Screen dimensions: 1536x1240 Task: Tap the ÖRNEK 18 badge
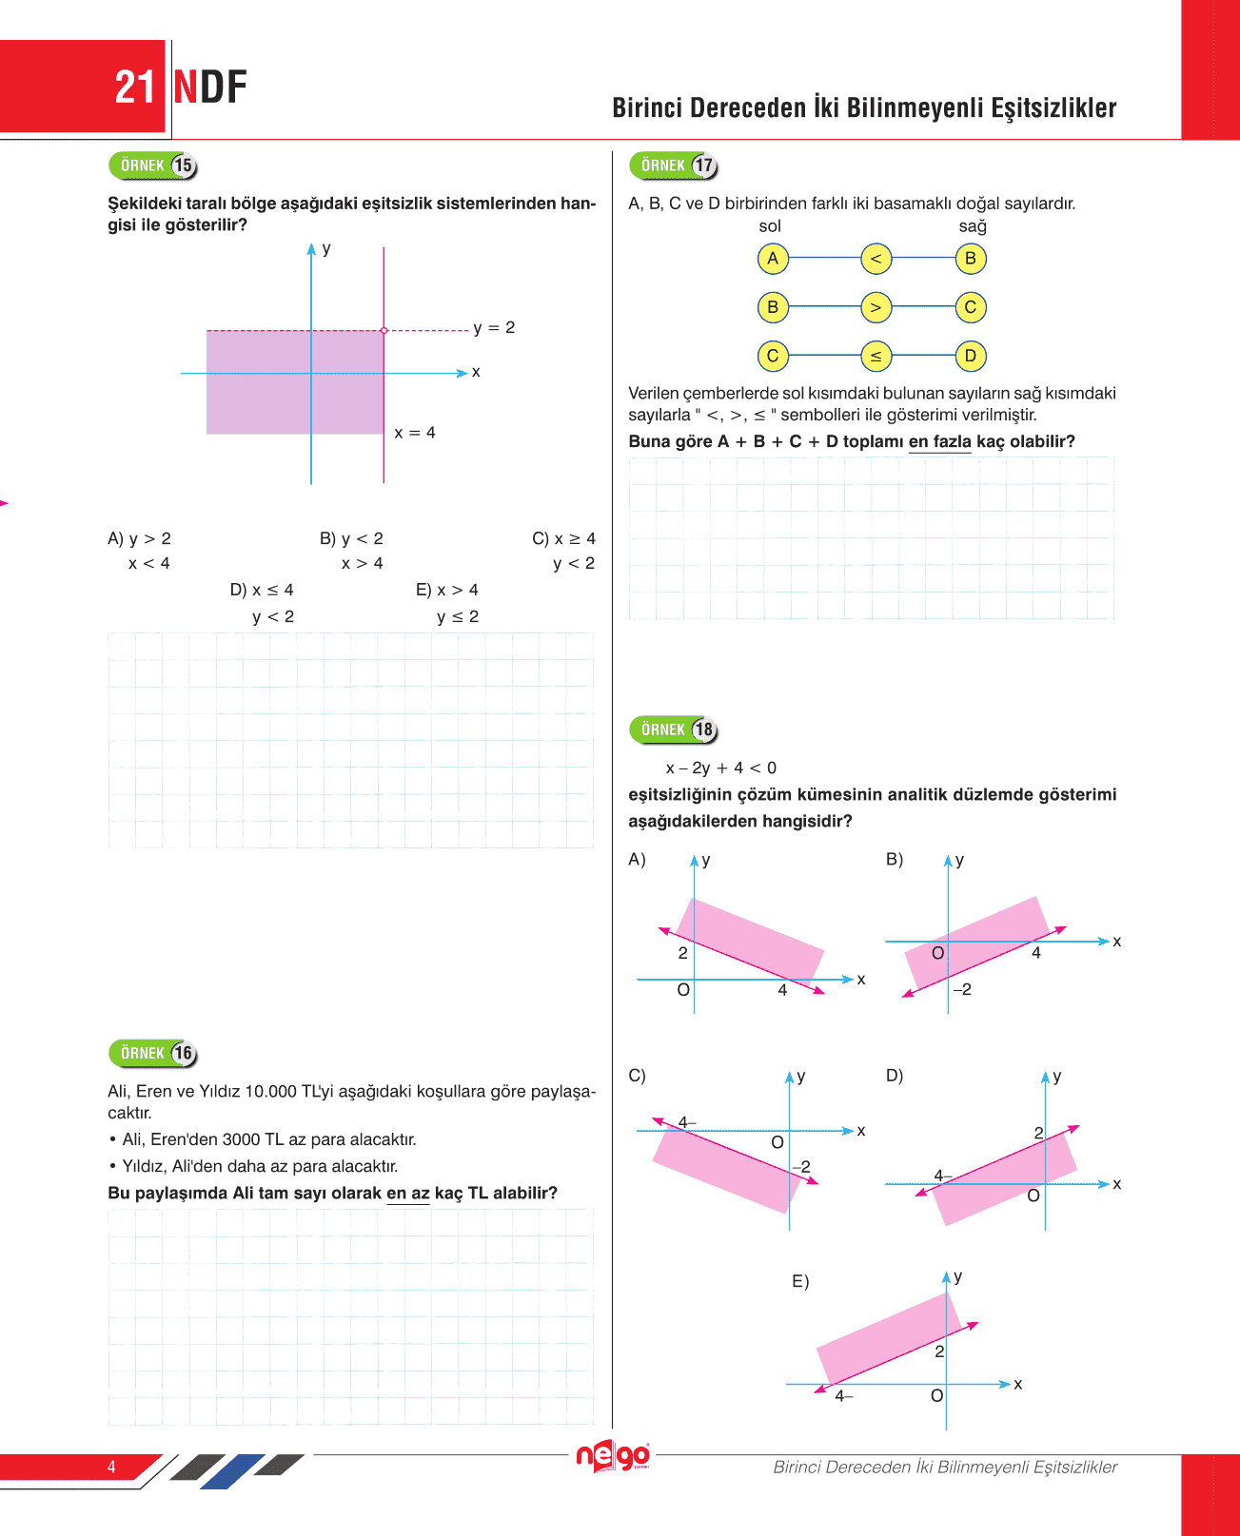(673, 729)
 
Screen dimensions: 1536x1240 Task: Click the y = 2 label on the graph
(494, 328)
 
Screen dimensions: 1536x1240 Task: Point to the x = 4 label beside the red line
(415, 433)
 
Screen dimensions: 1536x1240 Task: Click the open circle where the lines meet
(384, 330)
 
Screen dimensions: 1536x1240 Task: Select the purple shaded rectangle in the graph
(295, 381)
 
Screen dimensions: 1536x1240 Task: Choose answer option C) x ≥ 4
(563, 539)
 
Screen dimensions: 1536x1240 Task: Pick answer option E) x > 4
(447, 591)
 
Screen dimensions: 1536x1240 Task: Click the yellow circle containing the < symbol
(876, 259)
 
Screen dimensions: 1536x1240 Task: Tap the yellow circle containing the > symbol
(876, 307)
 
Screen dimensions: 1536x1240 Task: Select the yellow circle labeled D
(971, 356)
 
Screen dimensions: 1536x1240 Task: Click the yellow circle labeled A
(773, 259)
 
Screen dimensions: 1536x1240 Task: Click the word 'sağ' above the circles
(973, 226)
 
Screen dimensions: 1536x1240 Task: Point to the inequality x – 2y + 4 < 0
(720, 768)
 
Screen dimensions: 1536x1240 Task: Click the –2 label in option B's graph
(962, 990)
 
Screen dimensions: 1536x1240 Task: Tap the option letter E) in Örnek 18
(800, 1282)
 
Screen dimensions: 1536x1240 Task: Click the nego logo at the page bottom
(614, 1456)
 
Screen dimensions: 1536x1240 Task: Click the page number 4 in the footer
(111, 1467)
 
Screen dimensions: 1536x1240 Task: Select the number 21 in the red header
(134, 87)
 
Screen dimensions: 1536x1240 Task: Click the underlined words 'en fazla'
(939, 442)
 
